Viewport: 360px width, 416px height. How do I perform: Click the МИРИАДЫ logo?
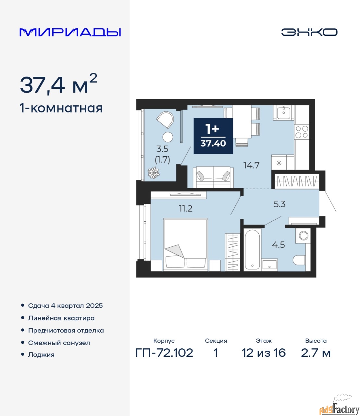pyautogui.click(x=70, y=32)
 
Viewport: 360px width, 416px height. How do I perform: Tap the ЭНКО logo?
pyautogui.click(x=309, y=32)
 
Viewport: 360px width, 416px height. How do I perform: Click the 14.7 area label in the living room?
pyautogui.click(x=252, y=165)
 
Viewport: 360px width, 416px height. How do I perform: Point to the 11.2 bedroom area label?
pyautogui.click(x=186, y=209)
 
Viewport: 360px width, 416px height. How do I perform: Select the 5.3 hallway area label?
pyautogui.click(x=279, y=204)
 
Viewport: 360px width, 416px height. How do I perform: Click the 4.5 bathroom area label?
pyautogui.click(x=279, y=245)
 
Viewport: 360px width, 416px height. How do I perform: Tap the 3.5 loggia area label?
pyautogui.click(x=162, y=149)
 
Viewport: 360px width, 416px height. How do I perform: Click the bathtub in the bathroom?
pyautogui.click(x=253, y=250)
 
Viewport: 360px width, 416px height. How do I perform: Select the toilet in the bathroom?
pyautogui.click(x=300, y=260)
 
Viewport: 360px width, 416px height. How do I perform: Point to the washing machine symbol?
pyautogui.click(x=303, y=235)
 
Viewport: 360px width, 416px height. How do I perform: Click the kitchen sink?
pyautogui.click(x=284, y=113)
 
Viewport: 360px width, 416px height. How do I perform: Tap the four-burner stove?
pyautogui.click(x=302, y=132)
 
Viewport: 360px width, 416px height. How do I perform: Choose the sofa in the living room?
pyautogui.click(x=213, y=177)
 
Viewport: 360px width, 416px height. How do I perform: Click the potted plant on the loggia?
pyautogui.click(x=154, y=173)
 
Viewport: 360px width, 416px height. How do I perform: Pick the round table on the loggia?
pyautogui.click(x=168, y=137)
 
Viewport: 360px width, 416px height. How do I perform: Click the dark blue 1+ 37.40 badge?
pyautogui.click(x=213, y=136)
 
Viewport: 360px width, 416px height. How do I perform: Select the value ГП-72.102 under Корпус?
pyautogui.click(x=164, y=353)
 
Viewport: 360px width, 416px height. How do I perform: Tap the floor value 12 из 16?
pyautogui.click(x=264, y=353)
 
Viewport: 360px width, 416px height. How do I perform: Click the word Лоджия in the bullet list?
pyautogui.click(x=41, y=355)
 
